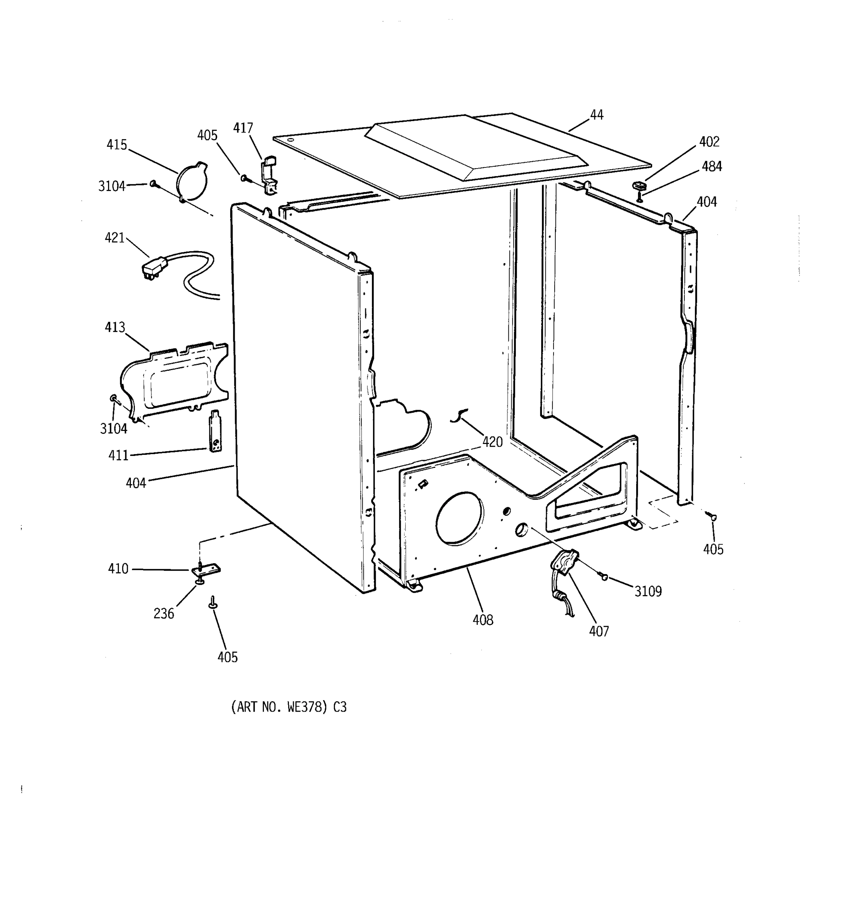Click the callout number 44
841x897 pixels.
[597, 115]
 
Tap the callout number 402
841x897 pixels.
[709, 142]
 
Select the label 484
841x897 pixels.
[712, 167]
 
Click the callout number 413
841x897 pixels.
[115, 327]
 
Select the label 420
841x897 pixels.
[492, 442]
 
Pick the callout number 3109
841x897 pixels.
[648, 591]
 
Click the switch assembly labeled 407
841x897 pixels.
[564, 564]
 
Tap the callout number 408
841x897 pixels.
[483, 620]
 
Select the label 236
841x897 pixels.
[163, 614]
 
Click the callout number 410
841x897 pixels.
[118, 568]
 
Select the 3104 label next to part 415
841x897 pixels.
[111, 186]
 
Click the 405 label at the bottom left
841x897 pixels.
[227, 657]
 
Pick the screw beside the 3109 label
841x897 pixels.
[604, 577]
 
